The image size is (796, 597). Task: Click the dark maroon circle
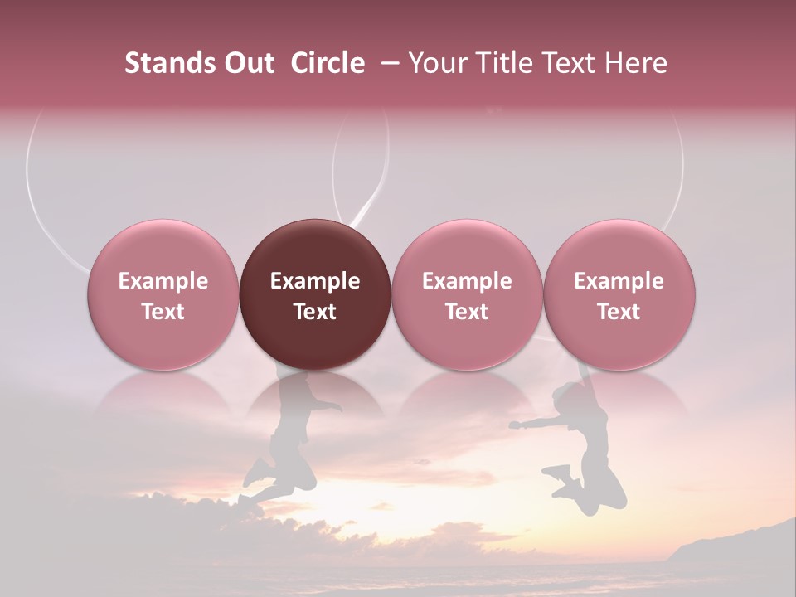tap(315, 294)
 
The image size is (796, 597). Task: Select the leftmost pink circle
tap(163, 294)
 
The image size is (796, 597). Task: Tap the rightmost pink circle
tap(619, 294)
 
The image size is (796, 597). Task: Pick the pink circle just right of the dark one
tap(467, 294)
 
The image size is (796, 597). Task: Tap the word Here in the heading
tap(636, 63)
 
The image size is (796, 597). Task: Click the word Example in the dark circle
tap(315, 281)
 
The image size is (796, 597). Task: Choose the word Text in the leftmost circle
tap(163, 312)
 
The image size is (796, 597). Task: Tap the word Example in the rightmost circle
tap(619, 281)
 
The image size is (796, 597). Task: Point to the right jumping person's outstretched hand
tap(517, 425)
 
